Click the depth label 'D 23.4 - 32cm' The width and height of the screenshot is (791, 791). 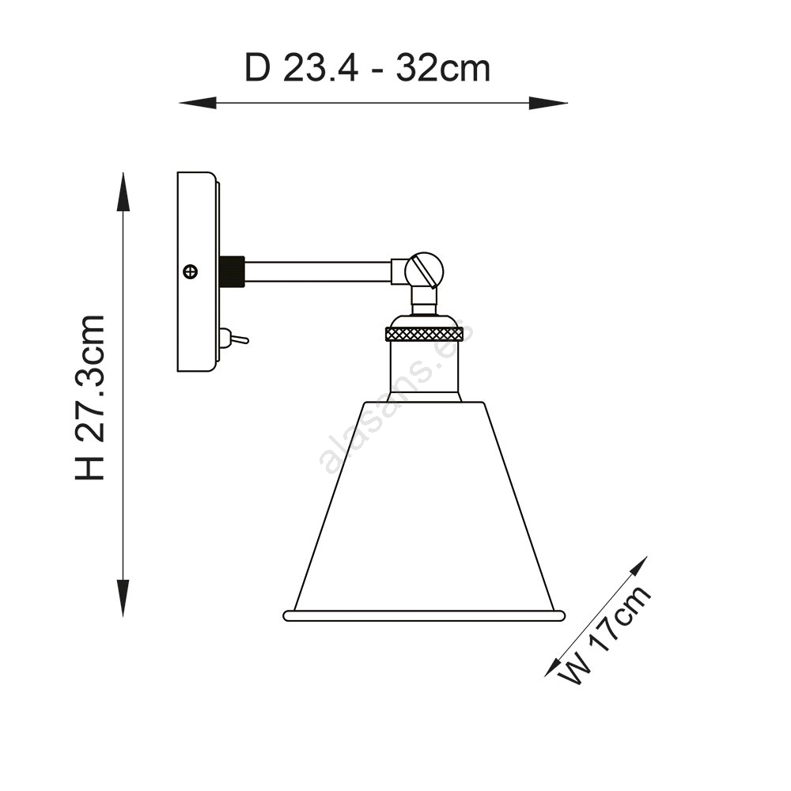tap(367, 68)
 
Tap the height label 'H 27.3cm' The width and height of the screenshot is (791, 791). tap(90, 398)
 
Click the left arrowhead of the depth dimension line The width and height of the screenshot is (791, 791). tap(198, 103)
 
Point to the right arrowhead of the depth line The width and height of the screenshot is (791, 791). tap(548, 103)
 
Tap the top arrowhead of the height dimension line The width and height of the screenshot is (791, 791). tap(123, 191)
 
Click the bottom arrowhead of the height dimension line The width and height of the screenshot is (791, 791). tap(123, 598)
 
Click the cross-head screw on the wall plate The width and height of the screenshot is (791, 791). tap(191, 271)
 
